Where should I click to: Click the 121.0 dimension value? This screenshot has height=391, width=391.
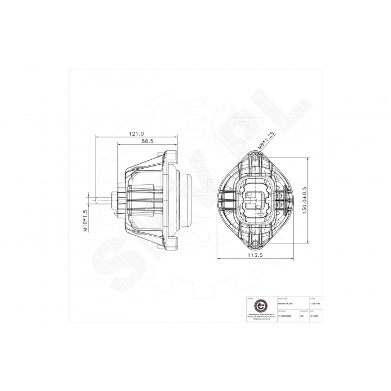(x=136, y=134)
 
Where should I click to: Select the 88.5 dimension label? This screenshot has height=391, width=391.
(x=147, y=142)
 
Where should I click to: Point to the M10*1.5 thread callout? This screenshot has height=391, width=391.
(x=85, y=221)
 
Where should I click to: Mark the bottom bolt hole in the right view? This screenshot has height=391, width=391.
(x=255, y=244)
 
